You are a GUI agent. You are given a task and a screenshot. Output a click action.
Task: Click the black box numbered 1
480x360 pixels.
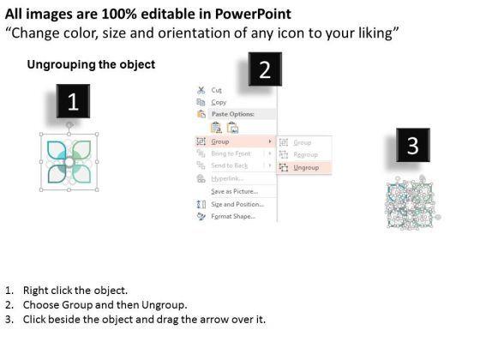point(73,101)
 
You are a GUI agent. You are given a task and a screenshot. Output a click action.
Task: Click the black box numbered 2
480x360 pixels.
point(265,69)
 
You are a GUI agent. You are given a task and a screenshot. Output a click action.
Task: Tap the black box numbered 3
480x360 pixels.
point(413,145)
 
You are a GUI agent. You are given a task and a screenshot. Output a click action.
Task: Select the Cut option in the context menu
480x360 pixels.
point(216,90)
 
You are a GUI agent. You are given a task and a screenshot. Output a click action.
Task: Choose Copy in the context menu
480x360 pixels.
point(219,102)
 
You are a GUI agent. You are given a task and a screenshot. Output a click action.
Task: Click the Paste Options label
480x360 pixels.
point(233,114)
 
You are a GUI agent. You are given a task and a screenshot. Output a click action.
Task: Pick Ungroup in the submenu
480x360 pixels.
point(306,167)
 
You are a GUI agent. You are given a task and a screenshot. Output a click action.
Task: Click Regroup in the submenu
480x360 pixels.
point(305,154)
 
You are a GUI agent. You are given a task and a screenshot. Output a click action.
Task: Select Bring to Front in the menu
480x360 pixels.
point(231,153)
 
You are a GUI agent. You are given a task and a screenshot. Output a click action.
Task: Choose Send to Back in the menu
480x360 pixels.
point(230,165)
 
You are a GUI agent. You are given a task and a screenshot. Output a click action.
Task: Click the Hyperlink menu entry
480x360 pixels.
point(227,178)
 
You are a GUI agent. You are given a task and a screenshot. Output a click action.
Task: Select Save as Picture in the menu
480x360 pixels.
point(235,191)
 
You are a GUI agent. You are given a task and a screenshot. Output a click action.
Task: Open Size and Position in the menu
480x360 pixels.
point(237,204)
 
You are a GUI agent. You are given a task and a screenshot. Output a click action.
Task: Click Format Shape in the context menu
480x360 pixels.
point(233,216)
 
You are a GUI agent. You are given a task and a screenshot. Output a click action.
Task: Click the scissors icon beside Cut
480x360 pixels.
point(201,90)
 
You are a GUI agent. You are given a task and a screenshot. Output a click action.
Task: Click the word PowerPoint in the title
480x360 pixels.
point(253,14)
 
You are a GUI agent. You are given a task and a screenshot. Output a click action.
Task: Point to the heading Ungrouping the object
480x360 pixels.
point(91,64)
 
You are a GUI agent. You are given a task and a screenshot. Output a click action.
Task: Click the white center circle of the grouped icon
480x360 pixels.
point(69,162)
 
